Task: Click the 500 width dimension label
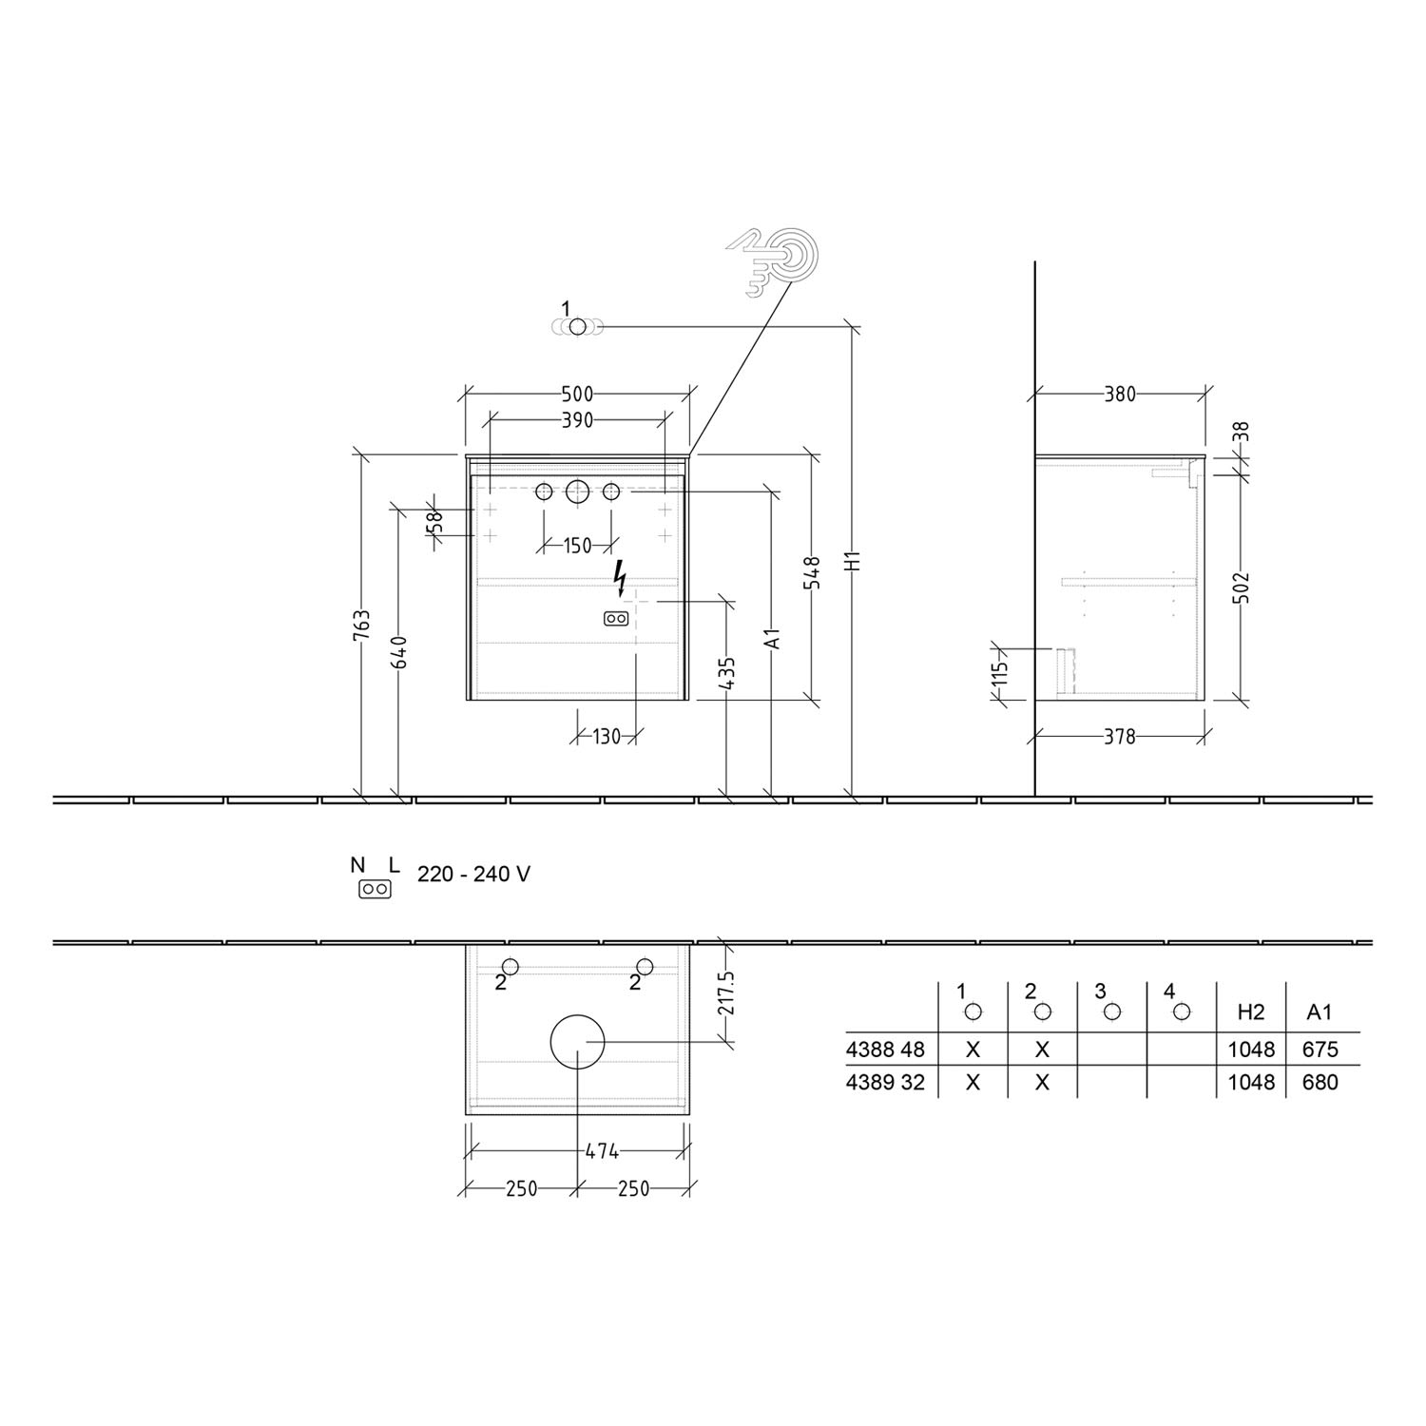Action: (577, 394)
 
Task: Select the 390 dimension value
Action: (577, 420)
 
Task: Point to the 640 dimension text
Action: (400, 652)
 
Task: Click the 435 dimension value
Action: (727, 672)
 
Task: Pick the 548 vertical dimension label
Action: (814, 573)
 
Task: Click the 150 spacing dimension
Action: (577, 546)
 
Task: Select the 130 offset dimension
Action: (607, 736)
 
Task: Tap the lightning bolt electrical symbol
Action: (621, 576)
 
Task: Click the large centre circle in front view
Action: (577, 491)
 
